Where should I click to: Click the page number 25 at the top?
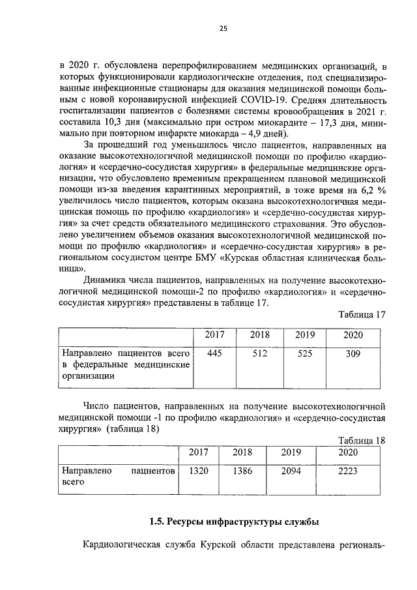(223, 27)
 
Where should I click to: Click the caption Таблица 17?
(362, 315)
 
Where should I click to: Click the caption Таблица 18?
(362, 440)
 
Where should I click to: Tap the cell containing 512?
(259, 353)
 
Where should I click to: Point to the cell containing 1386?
(242, 470)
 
